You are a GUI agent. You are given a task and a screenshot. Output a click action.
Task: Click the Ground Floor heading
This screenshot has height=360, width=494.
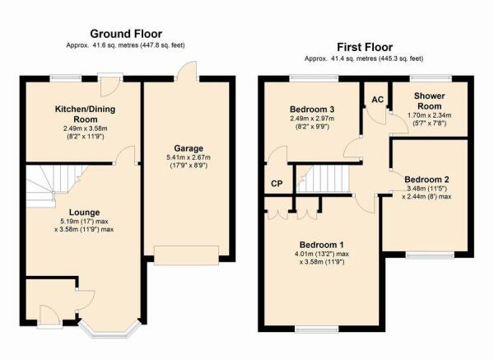[x=126, y=34]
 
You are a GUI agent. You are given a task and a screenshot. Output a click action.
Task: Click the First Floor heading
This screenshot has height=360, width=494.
[x=365, y=47]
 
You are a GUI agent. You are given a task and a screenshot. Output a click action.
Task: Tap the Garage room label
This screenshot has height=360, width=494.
[x=189, y=148]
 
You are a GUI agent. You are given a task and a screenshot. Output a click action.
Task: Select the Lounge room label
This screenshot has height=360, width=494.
[x=84, y=213]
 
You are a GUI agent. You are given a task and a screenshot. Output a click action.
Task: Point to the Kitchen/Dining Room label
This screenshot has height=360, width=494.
[x=85, y=115]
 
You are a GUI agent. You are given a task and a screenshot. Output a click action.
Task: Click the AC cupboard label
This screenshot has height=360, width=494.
[x=377, y=100]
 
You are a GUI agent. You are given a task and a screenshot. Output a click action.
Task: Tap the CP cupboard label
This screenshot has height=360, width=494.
[x=277, y=184]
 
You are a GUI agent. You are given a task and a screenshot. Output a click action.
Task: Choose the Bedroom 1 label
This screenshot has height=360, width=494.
[x=322, y=245]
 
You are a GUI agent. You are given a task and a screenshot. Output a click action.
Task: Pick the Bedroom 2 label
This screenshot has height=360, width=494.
[x=426, y=180]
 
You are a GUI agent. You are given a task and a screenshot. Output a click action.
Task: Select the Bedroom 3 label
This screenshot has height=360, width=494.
[x=312, y=110]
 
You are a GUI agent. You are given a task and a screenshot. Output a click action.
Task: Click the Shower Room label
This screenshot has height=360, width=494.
[x=429, y=101]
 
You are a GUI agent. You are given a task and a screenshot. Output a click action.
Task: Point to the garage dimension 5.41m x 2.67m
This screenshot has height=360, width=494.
[x=189, y=157]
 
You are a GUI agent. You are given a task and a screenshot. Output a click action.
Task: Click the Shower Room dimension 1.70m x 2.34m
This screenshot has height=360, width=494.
[x=429, y=115]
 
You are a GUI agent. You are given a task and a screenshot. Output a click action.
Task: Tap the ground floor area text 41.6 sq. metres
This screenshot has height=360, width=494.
[x=115, y=45]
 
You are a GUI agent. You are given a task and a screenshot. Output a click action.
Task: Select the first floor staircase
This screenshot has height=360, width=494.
[x=324, y=179]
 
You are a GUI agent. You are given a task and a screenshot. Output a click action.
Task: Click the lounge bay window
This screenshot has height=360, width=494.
[x=109, y=330]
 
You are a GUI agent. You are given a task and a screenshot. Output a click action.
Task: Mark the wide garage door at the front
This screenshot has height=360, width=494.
[x=186, y=255]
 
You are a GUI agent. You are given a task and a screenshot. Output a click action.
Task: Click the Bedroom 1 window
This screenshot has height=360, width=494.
[x=317, y=330]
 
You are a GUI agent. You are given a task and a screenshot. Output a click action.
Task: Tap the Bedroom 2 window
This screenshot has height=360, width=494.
[x=430, y=255]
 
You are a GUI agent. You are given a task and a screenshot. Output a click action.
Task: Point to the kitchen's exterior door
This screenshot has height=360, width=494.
[x=110, y=85]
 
